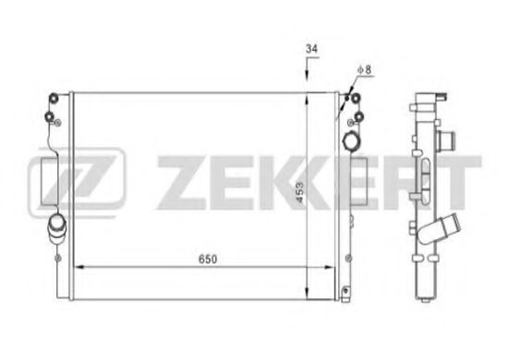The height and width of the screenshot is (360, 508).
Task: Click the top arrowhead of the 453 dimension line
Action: [x=306, y=94]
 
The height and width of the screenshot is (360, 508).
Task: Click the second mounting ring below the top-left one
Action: [x=49, y=116]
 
